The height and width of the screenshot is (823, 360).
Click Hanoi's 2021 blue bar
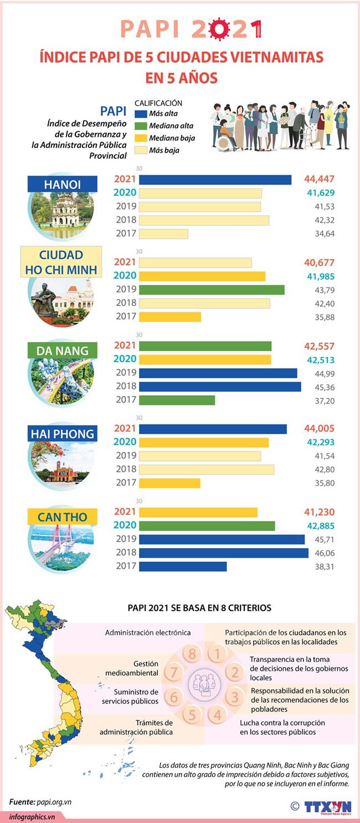pos(215,179)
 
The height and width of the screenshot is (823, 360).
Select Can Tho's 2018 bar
pos(223,553)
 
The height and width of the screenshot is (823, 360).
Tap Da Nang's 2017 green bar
pos(177,400)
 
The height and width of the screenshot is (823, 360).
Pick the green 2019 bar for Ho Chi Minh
pos(212,290)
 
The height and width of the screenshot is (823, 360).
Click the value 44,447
pos(319,179)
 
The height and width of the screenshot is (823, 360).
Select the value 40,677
pos(319,263)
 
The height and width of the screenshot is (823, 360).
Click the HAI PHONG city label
pos(63,434)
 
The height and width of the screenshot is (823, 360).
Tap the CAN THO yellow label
pos(63,517)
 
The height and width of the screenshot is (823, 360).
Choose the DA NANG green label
pos(63,351)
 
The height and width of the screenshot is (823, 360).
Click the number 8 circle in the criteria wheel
pos(192,654)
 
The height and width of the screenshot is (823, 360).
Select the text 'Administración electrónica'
pos(148,632)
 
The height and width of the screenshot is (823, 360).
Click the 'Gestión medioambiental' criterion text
pos(138,668)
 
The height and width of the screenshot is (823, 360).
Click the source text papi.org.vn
pos(55,801)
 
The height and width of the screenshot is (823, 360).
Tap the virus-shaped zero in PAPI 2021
pos(219,29)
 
